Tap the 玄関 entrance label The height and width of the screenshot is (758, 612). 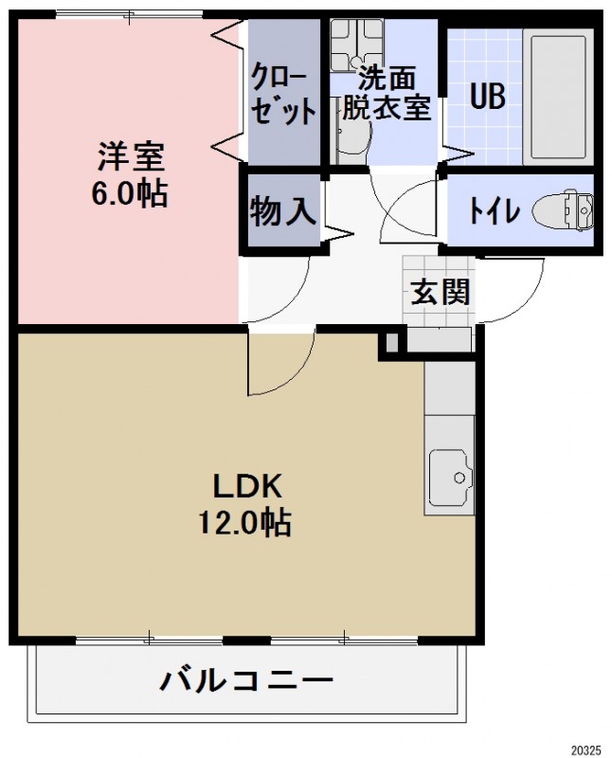(440, 292)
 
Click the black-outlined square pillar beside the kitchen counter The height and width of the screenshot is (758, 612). (390, 345)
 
